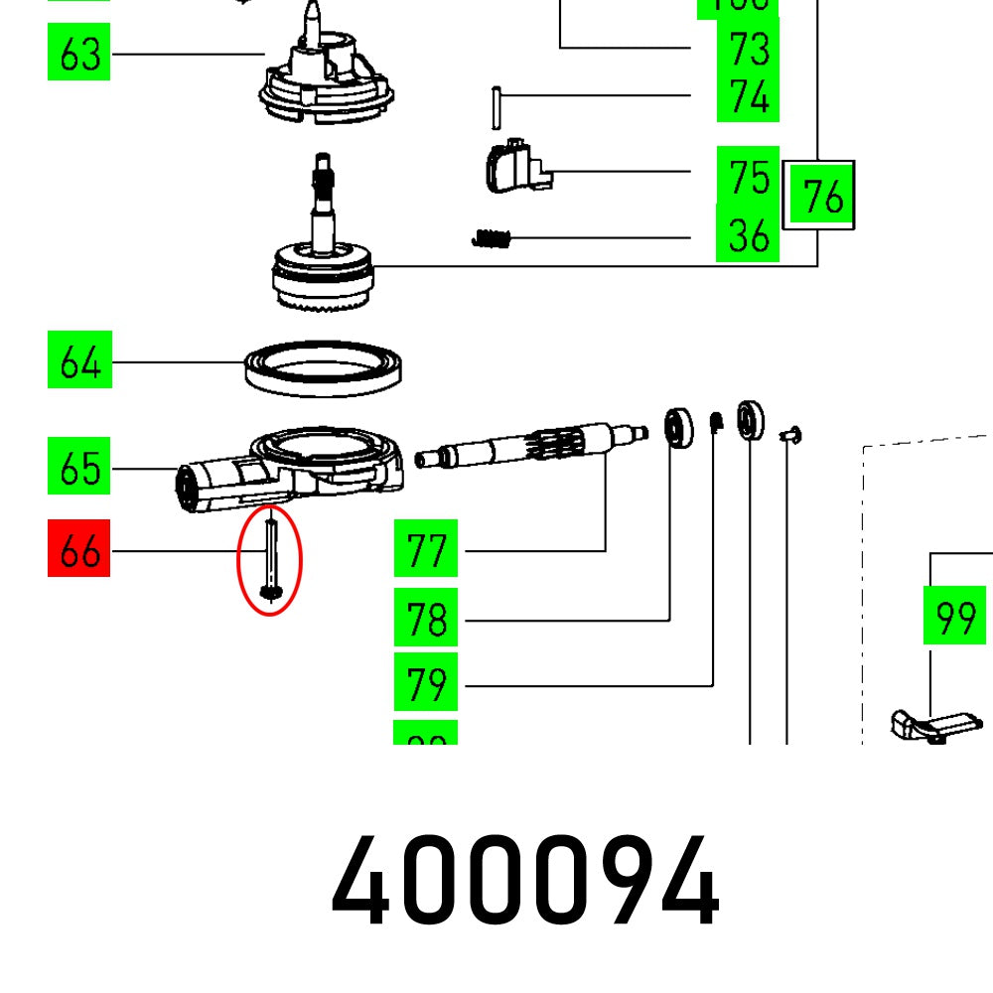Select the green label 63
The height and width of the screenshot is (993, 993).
[78, 54]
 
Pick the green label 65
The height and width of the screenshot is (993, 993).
[78, 466]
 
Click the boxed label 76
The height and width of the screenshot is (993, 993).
[818, 195]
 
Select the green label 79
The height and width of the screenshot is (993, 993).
[425, 683]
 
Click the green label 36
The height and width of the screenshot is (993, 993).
[747, 236]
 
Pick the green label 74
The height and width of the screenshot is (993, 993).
[747, 96]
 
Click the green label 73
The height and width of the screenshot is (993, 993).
[747, 48]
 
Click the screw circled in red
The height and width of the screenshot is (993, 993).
[269, 556]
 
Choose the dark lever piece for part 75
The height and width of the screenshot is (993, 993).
[511, 165]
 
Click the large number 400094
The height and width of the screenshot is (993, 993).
[524, 882]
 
